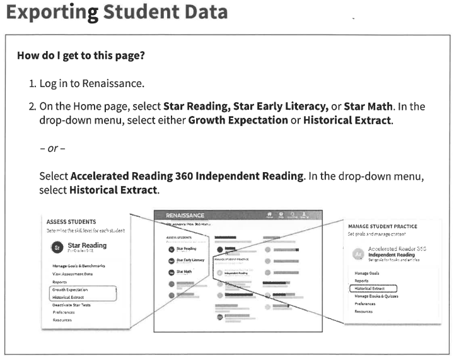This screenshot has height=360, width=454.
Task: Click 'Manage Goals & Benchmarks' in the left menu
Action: [79, 266]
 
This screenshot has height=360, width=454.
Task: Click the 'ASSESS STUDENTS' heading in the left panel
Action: [71, 222]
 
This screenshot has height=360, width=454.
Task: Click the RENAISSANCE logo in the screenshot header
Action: [185, 216]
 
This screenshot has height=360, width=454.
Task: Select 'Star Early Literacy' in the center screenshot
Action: [190, 260]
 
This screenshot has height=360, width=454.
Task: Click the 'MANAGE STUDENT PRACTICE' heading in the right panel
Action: [382, 226]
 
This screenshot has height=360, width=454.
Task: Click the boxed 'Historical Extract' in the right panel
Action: [371, 288]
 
